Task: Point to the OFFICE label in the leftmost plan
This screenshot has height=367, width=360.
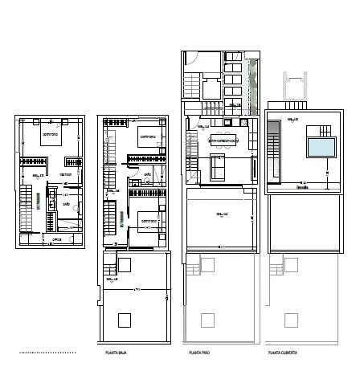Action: click(57, 239)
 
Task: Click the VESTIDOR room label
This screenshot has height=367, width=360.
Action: click(65, 174)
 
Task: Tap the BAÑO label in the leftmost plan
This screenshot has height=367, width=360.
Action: click(67, 204)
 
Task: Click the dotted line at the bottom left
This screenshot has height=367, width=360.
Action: click(47, 353)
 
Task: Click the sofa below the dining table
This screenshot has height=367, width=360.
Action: click(218, 166)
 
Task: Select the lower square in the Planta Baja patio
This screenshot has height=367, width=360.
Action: click(124, 320)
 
